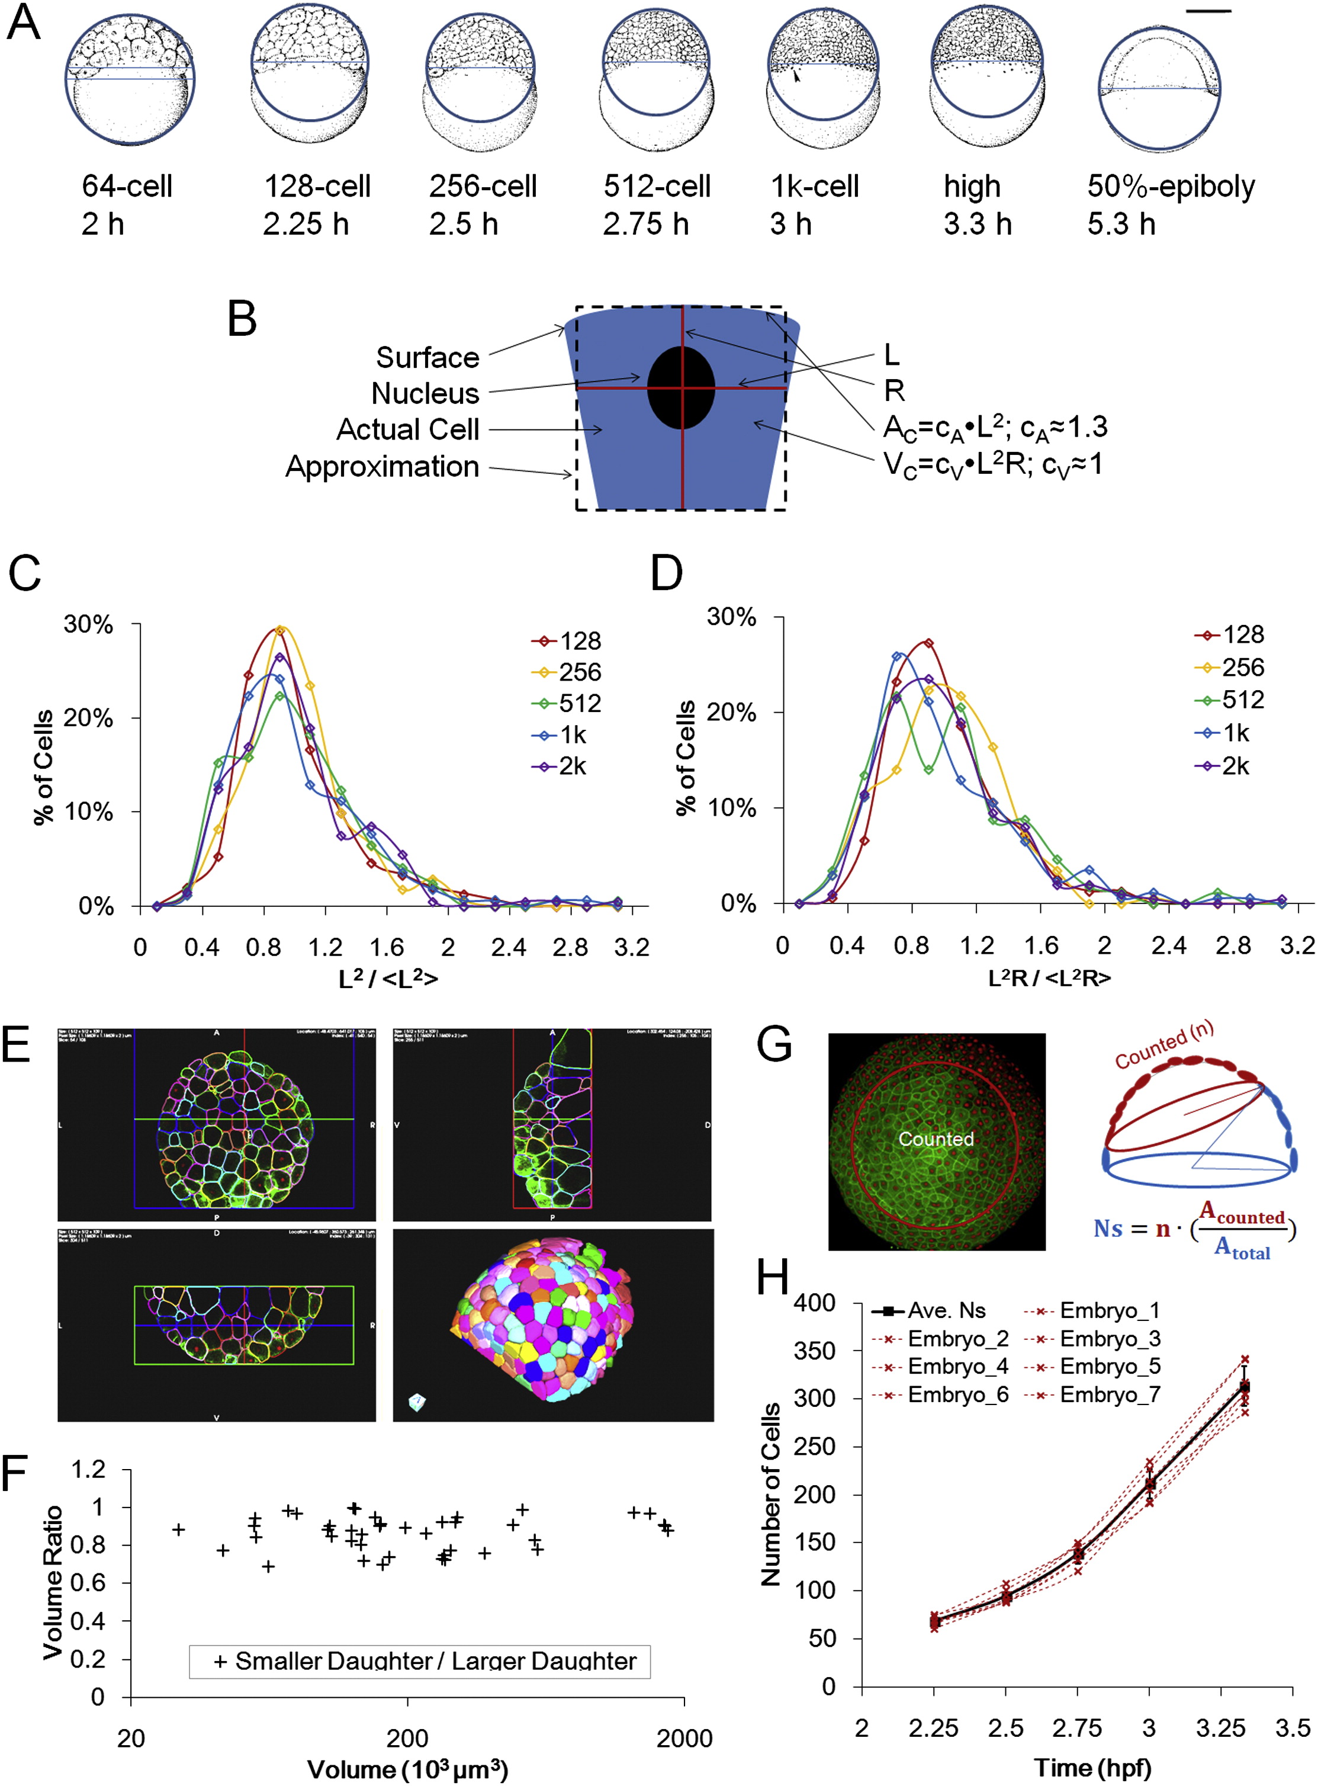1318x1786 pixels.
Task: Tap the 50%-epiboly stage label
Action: coord(1171,187)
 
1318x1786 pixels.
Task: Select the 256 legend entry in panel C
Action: coord(567,672)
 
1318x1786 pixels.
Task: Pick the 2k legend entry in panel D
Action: coord(1221,766)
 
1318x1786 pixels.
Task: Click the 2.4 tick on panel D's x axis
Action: coord(1168,945)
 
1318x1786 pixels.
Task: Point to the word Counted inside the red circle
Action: coord(936,1139)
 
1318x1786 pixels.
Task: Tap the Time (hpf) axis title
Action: coord(1092,1768)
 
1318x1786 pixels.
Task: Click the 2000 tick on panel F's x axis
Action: coord(684,1738)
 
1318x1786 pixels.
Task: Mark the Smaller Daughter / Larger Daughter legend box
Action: coord(420,1662)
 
